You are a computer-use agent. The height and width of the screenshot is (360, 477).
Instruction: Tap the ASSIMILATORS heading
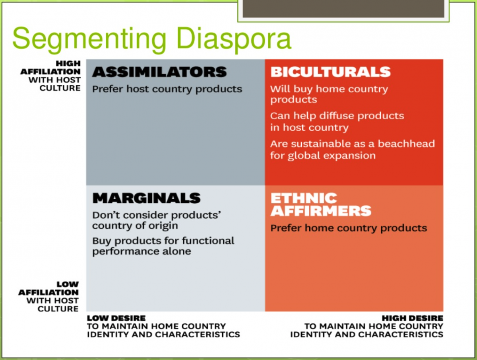pyautogui.click(x=159, y=72)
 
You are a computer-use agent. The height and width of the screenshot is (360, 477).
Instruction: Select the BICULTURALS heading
pyautogui.click(x=330, y=72)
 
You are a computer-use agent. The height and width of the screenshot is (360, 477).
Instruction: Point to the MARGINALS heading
pyautogui.click(x=146, y=198)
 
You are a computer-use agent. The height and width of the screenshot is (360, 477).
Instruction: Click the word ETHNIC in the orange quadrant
pyautogui.click(x=304, y=198)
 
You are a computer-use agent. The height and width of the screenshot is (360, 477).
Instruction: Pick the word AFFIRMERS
pyautogui.click(x=321, y=211)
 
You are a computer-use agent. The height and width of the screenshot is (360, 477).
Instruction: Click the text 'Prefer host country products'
pyautogui.click(x=167, y=90)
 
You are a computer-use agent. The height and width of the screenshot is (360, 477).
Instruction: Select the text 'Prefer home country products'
pyautogui.click(x=349, y=228)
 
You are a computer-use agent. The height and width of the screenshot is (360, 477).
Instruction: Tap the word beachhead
pyautogui.click(x=406, y=144)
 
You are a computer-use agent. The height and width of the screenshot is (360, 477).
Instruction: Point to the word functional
pyautogui.click(x=208, y=241)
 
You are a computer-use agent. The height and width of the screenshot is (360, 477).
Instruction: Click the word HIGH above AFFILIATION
pyautogui.click(x=68, y=64)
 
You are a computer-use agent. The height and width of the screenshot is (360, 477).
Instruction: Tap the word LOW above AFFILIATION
pyautogui.click(x=68, y=284)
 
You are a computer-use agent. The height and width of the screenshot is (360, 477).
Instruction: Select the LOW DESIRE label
pyautogui.click(x=116, y=318)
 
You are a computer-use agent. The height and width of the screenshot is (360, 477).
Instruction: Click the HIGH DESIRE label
pyautogui.click(x=413, y=318)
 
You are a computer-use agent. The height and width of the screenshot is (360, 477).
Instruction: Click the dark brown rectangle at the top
pyautogui.click(x=343, y=9)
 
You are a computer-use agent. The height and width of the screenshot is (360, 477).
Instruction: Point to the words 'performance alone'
pyautogui.click(x=142, y=252)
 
